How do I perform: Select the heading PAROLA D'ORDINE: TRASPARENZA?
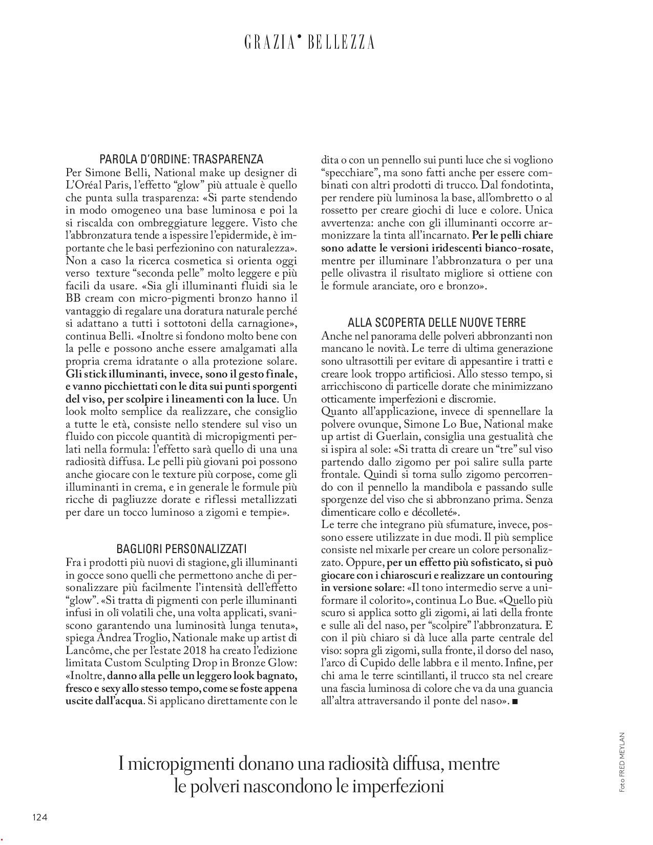click(x=181, y=159)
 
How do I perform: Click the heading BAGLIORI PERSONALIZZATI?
click(x=181, y=549)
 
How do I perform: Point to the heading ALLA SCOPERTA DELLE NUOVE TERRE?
click(x=437, y=323)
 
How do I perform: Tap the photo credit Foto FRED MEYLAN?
click(x=622, y=763)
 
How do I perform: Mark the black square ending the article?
click(x=515, y=702)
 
